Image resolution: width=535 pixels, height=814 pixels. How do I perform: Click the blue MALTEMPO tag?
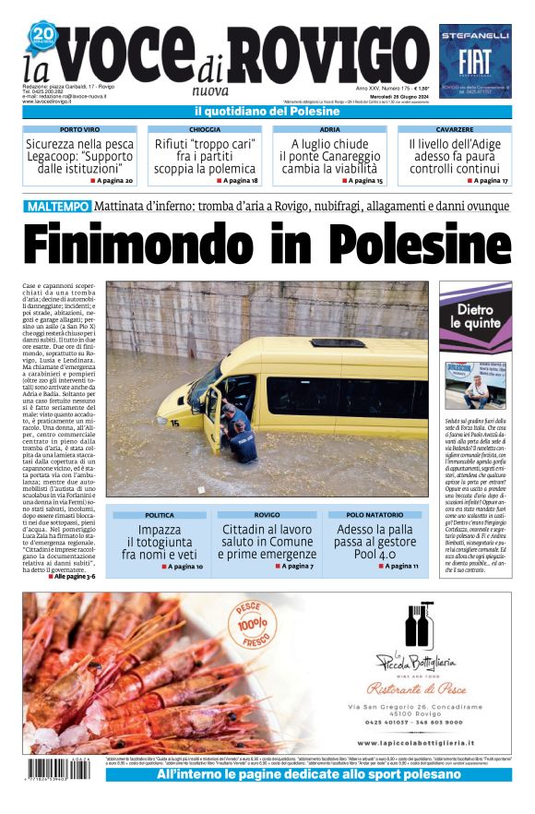tap(57, 206)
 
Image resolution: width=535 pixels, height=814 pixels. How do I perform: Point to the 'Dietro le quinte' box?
tap(475, 317)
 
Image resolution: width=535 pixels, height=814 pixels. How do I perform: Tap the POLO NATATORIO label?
tap(378, 514)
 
